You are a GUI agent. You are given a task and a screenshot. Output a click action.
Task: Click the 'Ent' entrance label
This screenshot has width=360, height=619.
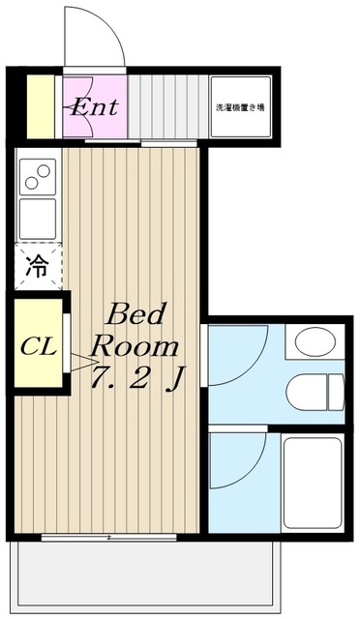point(94,106)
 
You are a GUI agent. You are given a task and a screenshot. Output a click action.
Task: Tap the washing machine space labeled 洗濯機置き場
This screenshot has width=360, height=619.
point(240,106)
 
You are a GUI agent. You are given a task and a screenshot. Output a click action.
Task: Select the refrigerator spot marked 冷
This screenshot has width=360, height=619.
point(36,266)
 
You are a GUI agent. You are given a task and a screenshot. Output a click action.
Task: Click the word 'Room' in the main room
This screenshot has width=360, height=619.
point(135,346)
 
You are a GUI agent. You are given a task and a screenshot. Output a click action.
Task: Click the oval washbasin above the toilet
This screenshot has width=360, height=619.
point(314,342)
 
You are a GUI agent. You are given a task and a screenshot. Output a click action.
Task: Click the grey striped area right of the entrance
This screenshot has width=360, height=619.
point(166,106)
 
